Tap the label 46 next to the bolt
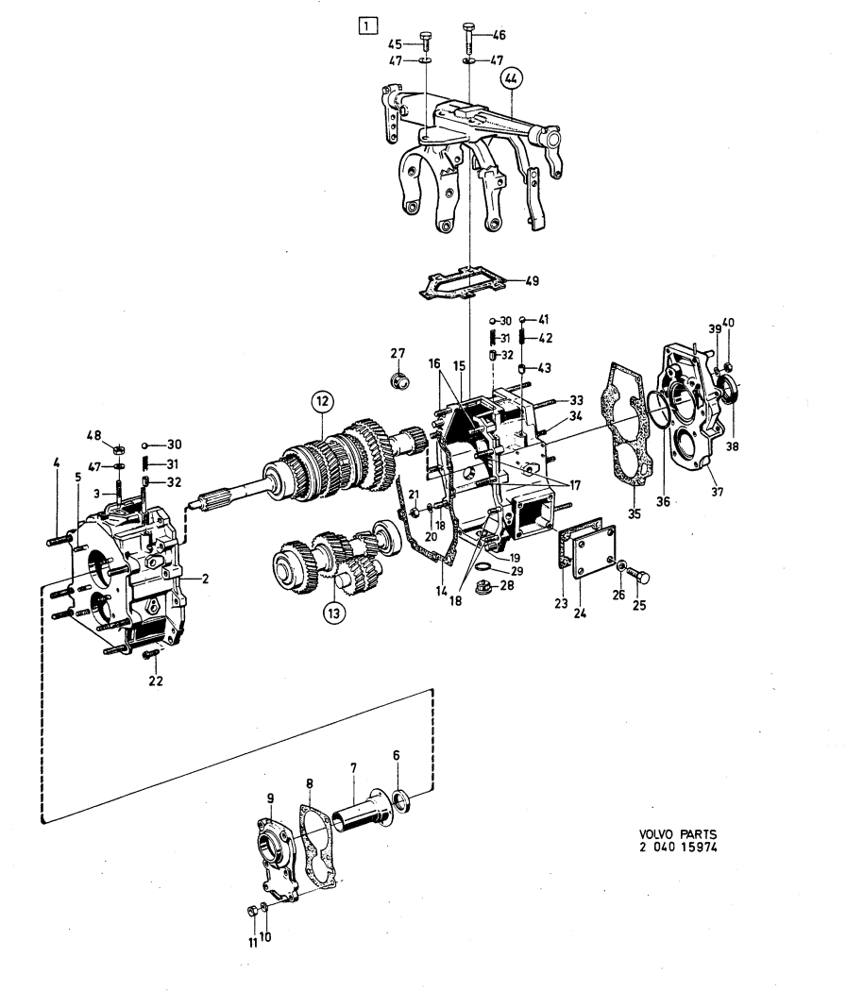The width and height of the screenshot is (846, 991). (499, 34)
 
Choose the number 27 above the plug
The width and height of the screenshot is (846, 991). (398, 353)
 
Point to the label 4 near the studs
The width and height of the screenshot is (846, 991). (56, 462)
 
